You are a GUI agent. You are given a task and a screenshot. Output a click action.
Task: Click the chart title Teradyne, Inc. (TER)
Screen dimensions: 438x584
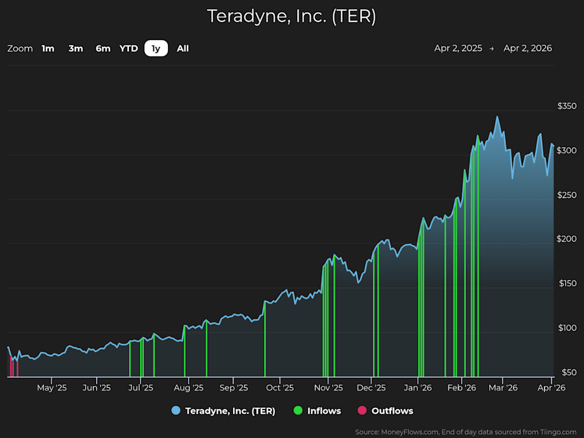(291, 16)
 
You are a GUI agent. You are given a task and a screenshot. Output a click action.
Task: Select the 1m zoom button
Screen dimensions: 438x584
(48, 49)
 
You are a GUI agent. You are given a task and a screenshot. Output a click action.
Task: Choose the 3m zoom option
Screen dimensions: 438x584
(75, 49)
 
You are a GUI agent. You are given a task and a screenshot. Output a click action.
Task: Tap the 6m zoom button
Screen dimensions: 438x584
(103, 49)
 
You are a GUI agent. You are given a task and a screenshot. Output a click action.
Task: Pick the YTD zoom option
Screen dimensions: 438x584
(128, 49)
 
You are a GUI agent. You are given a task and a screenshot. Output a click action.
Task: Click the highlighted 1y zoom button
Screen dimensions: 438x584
(156, 49)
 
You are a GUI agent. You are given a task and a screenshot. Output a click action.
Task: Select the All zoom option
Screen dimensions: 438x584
(182, 49)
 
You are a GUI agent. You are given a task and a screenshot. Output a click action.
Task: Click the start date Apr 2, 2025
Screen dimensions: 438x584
(458, 49)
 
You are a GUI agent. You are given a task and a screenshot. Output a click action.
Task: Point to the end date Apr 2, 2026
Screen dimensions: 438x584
(527, 49)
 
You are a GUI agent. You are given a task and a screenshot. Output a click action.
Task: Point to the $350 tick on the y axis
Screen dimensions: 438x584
(566, 106)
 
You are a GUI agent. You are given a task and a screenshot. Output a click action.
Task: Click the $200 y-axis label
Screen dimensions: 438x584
(566, 239)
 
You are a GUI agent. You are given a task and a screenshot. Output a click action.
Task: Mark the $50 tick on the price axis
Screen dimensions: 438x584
(568, 372)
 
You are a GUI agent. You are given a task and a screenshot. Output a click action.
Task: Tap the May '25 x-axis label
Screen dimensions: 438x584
(52, 387)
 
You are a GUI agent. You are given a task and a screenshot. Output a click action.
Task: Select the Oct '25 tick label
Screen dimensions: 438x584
(280, 387)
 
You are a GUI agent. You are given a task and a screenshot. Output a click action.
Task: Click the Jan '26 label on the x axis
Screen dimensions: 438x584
(418, 387)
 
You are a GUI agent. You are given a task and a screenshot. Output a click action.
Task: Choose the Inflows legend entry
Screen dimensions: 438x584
(324, 411)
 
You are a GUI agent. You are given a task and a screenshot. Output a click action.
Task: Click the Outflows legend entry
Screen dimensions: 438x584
(392, 411)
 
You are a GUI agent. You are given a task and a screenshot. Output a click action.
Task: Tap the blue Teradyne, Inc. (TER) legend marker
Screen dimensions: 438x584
(176, 411)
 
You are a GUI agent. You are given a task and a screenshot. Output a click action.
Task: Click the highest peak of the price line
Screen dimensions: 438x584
(497, 117)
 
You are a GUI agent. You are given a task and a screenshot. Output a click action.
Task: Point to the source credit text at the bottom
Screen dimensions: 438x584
(465, 432)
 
